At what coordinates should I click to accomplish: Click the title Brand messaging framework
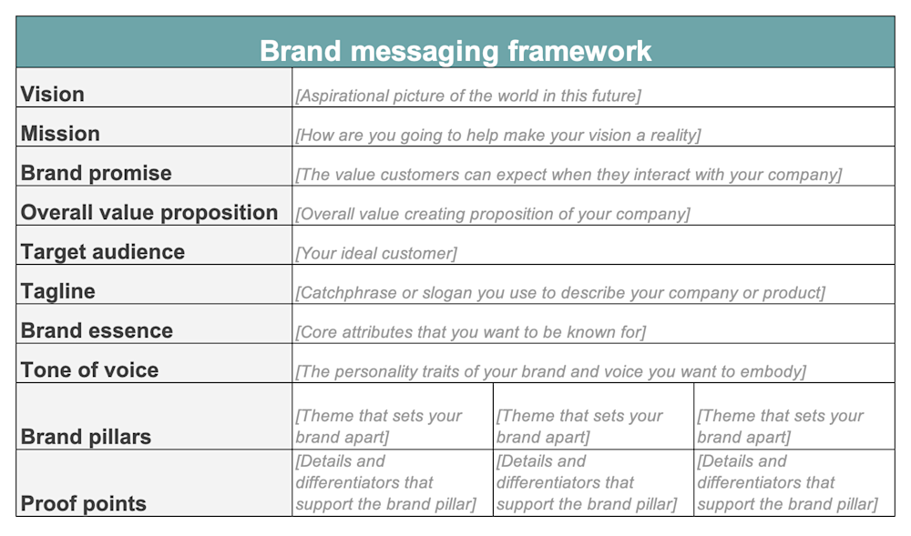[455, 50]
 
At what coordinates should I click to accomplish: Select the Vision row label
[53, 95]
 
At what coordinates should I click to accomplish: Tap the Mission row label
[60, 134]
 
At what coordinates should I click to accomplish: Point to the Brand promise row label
[96, 173]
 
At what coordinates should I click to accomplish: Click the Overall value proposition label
[149, 213]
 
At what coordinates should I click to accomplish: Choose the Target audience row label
[103, 252]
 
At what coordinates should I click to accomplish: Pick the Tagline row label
[58, 291]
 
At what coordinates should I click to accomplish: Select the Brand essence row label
[97, 330]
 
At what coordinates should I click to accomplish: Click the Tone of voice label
[89, 370]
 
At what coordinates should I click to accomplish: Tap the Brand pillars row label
[86, 437]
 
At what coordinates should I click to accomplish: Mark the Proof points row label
[83, 503]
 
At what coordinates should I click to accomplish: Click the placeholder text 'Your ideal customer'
[376, 253]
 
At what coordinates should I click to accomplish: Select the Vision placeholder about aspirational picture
[468, 96]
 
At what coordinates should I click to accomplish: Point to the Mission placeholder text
[498, 136]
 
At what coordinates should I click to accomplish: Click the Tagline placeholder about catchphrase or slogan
[560, 293]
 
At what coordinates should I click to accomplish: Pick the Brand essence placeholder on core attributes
[470, 332]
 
